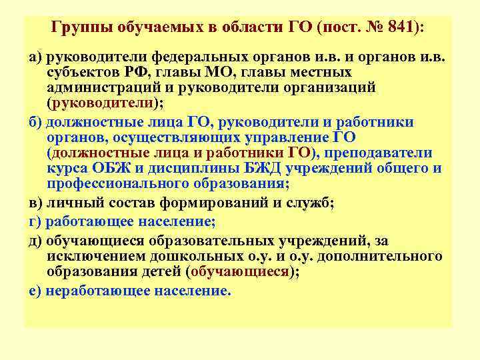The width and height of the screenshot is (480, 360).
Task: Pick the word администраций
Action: [109, 88]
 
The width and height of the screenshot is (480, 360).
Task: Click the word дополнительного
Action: [385, 256]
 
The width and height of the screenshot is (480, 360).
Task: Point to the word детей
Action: [158, 272]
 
